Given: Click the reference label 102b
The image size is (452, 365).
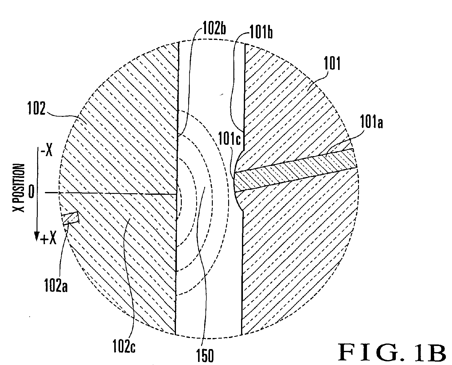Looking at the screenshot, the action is [x=214, y=28].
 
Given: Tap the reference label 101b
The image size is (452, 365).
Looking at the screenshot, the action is [x=261, y=32].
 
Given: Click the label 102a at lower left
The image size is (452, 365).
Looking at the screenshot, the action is [x=56, y=285].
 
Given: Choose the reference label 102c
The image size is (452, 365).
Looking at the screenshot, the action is [x=124, y=346].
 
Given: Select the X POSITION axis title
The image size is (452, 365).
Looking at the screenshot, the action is [x=19, y=188].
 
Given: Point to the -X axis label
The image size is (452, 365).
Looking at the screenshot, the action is [x=46, y=152].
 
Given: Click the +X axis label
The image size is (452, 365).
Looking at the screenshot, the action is [x=49, y=240].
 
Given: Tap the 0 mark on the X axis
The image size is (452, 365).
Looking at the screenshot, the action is [x=31, y=192].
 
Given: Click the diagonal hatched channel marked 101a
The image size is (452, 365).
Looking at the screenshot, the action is [x=295, y=170].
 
